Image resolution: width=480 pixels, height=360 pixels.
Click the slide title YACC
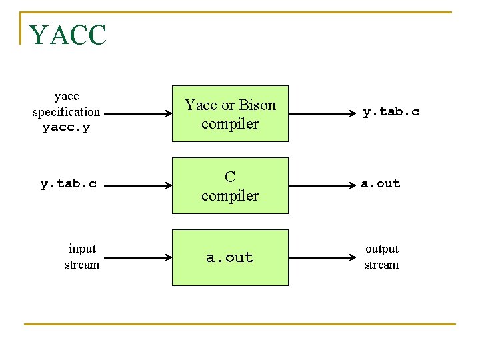(67, 35)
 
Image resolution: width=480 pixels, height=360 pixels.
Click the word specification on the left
(66, 112)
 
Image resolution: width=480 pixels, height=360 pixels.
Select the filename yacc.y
(66, 127)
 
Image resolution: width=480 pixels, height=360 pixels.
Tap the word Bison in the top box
(257, 105)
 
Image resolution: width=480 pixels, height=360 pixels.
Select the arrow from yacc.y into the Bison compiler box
(138, 114)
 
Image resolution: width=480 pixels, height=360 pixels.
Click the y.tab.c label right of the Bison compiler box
(391, 112)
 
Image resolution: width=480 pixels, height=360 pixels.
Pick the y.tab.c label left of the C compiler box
(68, 184)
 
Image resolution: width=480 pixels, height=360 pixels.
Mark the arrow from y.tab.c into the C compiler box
(138, 186)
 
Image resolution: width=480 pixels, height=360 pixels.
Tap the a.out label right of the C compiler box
(381, 183)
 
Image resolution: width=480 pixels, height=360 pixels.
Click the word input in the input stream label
(83, 249)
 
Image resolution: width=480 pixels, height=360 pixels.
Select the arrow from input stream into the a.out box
(138, 258)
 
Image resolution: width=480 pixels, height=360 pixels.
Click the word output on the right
(382, 249)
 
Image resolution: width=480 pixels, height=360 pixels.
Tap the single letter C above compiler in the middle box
(230, 177)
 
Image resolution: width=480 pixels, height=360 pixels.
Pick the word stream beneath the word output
(382, 265)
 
